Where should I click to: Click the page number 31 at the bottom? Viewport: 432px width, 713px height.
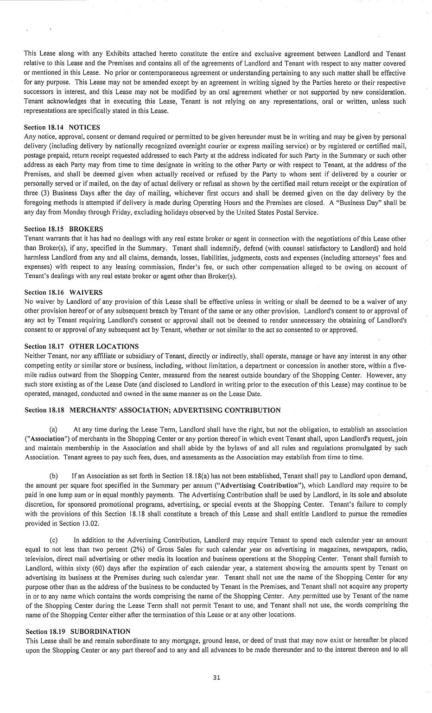216,677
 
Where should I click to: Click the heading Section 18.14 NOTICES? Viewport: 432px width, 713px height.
62,127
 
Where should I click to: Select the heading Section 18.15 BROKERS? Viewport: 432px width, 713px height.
63,229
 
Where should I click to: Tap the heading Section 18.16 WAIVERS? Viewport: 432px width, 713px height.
63,293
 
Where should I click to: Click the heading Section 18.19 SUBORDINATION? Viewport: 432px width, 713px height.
78,631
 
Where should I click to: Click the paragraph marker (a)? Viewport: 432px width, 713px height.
53,429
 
